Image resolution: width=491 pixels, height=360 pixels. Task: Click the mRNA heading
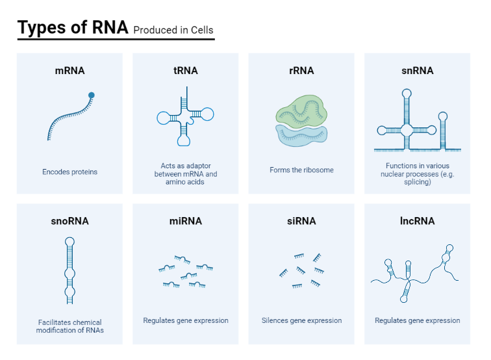[70, 70]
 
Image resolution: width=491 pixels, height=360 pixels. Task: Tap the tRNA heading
[186, 70]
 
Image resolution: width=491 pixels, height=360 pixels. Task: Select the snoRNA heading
[70, 221]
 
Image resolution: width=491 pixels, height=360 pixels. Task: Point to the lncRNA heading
[418, 221]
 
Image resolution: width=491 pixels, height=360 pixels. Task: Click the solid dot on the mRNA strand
[92, 96]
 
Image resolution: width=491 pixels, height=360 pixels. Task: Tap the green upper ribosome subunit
[301, 111]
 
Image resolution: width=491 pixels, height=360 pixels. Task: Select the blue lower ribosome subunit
[301, 136]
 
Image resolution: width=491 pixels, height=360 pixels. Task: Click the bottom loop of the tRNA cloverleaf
[184, 141]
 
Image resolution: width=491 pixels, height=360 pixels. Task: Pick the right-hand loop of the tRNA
[207, 114]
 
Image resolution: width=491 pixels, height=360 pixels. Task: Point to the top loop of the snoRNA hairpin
[70, 242]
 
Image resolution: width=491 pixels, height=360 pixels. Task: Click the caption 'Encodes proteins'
[70, 172]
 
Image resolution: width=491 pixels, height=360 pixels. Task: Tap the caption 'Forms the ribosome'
[301, 170]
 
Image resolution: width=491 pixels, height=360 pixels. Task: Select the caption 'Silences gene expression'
[301, 320]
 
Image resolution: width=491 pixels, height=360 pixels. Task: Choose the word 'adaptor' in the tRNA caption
[198, 166]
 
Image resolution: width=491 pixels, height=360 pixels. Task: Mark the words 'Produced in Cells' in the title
[173, 30]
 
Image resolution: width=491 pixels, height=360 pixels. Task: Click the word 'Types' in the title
[42, 27]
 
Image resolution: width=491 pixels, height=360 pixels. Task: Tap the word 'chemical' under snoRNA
[87, 322]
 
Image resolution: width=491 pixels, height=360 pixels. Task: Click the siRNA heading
[301, 221]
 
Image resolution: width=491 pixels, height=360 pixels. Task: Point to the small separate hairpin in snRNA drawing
[443, 131]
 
